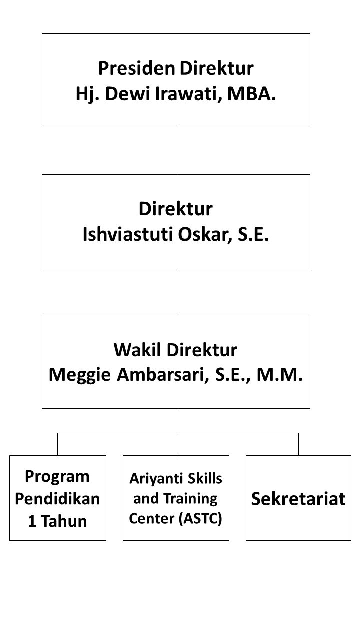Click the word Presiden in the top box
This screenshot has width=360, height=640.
click(x=137, y=68)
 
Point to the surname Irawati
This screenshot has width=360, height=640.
click(x=189, y=94)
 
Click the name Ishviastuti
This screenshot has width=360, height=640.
click(x=128, y=234)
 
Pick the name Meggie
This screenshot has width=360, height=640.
click(x=80, y=375)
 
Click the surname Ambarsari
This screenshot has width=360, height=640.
click(x=163, y=375)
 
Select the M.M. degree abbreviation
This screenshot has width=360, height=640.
click(x=280, y=374)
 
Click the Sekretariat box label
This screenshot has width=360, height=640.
click(x=298, y=499)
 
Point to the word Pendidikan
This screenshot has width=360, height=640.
click(x=57, y=499)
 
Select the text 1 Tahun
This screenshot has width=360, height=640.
click(x=57, y=521)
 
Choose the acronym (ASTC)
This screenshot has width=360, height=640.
click(x=200, y=519)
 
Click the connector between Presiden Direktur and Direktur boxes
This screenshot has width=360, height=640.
click(x=176, y=151)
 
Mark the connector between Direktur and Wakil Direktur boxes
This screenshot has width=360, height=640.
click(x=176, y=291)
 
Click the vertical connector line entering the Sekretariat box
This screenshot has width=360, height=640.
click(x=299, y=444)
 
